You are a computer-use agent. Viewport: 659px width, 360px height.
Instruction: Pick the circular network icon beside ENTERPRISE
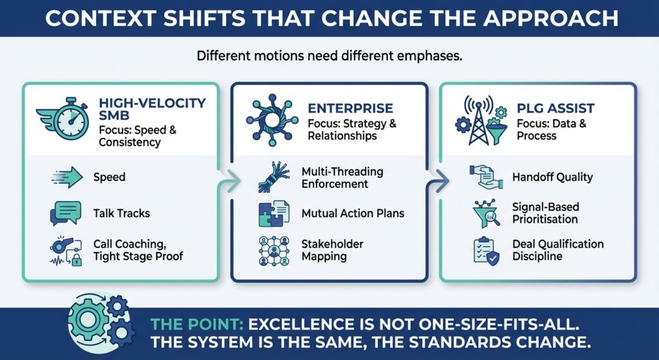270,120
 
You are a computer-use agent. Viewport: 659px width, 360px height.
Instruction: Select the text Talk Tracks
122,213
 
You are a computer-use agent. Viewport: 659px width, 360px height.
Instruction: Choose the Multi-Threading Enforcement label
342,178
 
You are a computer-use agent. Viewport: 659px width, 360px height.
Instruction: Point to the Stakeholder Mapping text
332,251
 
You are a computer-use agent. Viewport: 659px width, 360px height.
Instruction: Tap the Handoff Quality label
552,177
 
